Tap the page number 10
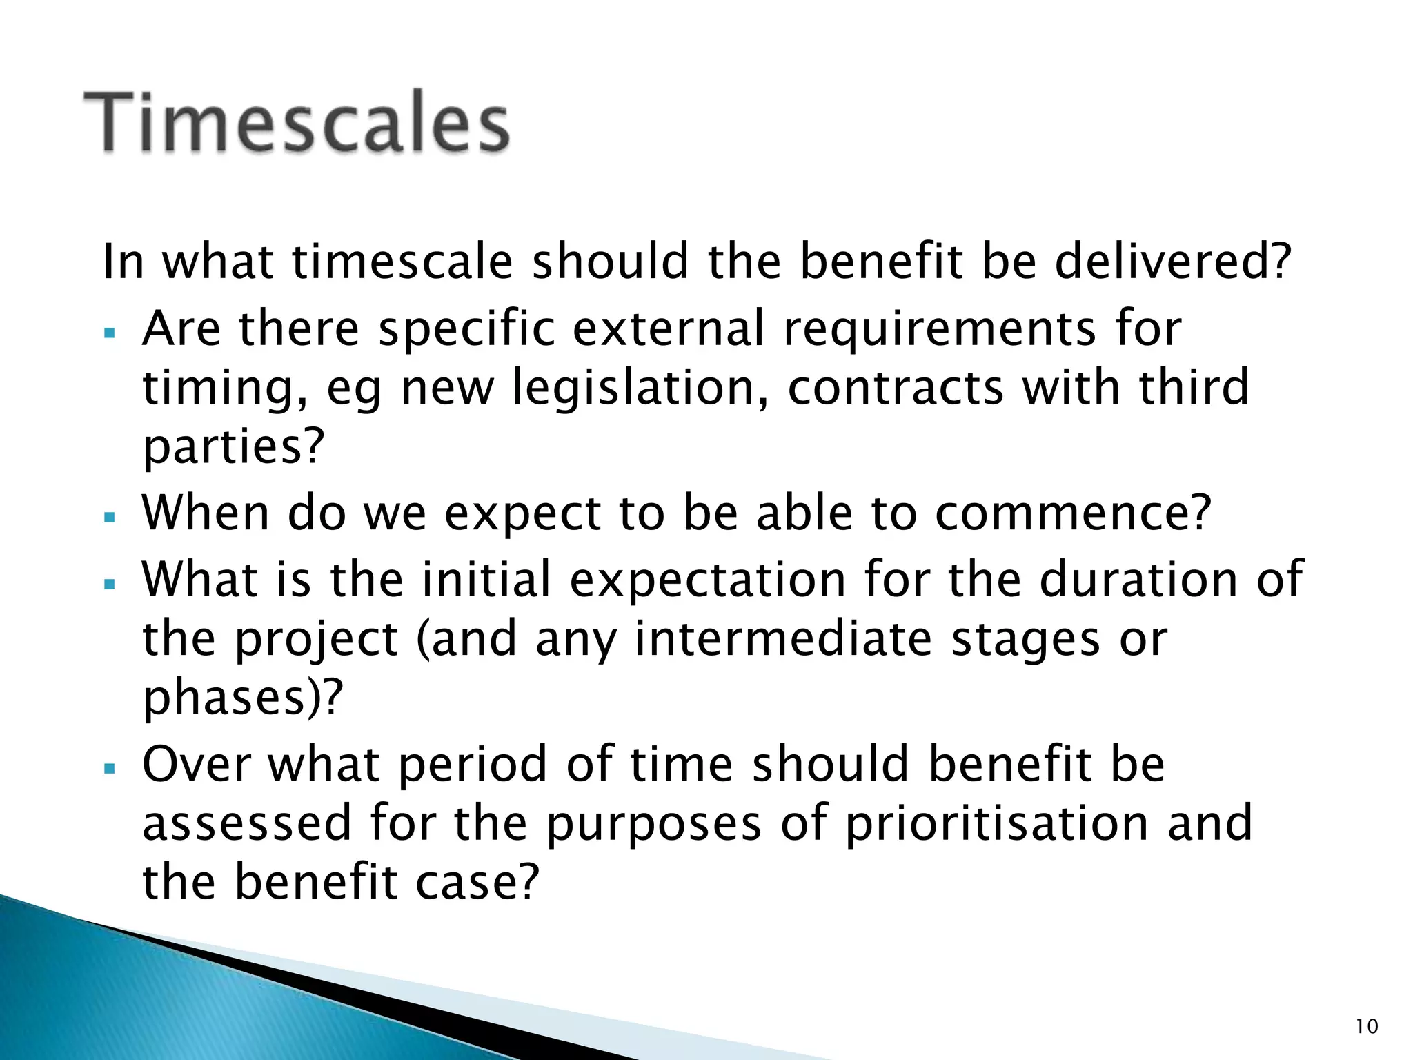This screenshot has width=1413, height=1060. (1366, 1027)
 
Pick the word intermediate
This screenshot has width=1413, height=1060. (784, 639)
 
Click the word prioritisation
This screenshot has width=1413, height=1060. (997, 824)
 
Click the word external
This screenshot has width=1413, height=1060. (669, 328)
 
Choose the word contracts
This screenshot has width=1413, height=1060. (896, 389)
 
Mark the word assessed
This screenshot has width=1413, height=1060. (247, 824)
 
